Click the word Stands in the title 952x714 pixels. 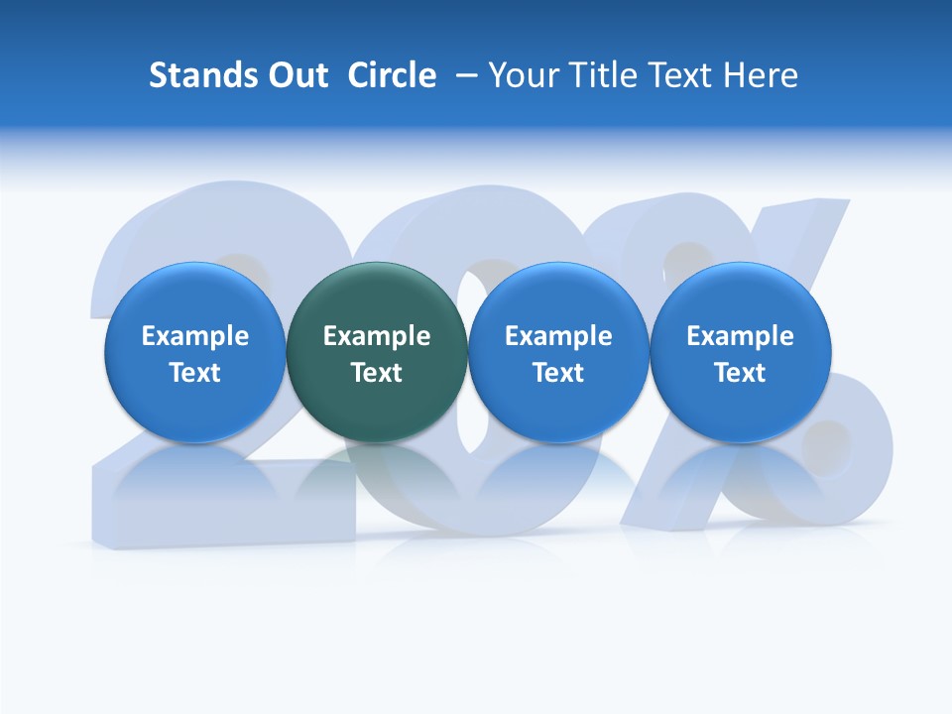pyautogui.click(x=196, y=75)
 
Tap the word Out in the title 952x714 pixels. pyautogui.click(x=295, y=75)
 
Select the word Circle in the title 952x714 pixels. pyautogui.click(x=392, y=75)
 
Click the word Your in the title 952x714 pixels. pyautogui.click(x=520, y=75)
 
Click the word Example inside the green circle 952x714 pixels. pyautogui.click(x=377, y=336)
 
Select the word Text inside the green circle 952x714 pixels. pyautogui.click(x=377, y=373)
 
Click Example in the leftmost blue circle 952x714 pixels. pyautogui.click(x=195, y=336)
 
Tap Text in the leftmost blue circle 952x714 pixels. pyautogui.click(x=195, y=373)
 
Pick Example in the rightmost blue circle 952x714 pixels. pyautogui.click(x=740, y=336)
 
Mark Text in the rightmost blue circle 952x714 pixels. pyautogui.click(x=740, y=373)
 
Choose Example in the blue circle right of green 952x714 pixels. pyautogui.click(x=558, y=336)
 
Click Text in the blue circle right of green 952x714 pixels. pyautogui.click(x=558, y=373)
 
